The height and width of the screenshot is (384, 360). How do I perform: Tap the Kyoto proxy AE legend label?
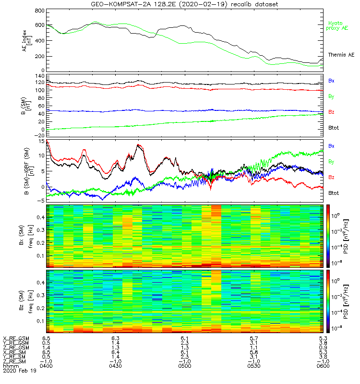pyautogui.click(x=338, y=25)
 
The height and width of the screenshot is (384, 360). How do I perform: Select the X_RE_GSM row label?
pyautogui.click(x=16, y=339)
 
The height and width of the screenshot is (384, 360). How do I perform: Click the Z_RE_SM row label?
pyautogui.click(x=15, y=361)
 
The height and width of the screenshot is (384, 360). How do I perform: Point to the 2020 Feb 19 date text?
pyautogui.click(x=19, y=371)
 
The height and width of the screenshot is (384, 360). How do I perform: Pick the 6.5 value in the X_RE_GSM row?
pyautogui.click(x=46, y=339)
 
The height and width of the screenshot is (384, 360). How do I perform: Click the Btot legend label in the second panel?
pyautogui.click(x=334, y=129)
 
